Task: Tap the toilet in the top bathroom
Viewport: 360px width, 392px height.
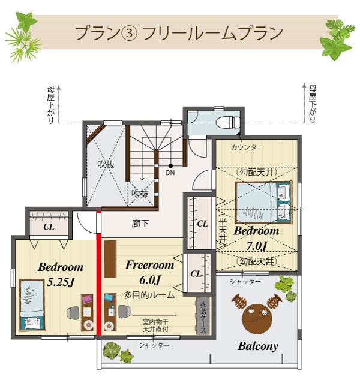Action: click(x=229, y=122)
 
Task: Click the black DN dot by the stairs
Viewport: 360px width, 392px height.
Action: click(x=170, y=165)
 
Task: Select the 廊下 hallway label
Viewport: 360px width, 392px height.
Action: click(x=140, y=224)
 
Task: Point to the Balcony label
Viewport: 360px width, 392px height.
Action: click(x=258, y=346)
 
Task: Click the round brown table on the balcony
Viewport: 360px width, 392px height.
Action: click(x=257, y=318)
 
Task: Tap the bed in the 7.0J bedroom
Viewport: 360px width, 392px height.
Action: click(x=263, y=202)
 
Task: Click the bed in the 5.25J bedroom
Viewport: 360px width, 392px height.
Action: click(x=32, y=304)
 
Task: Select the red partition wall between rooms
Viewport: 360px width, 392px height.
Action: click(x=98, y=273)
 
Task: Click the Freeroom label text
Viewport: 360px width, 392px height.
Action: click(x=149, y=265)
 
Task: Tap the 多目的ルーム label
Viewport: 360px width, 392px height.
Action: click(x=149, y=295)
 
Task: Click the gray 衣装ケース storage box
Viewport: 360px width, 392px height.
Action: click(x=203, y=316)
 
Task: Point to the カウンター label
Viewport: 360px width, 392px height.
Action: click(x=247, y=147)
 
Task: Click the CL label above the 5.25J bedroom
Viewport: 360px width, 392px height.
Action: click(x=49, y=227)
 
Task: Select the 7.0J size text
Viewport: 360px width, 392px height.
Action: click(x=256, y=246)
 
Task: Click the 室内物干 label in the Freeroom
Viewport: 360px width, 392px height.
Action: click(x=155, y=322)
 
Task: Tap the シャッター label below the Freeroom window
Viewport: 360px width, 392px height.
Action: click(x=154, y=345)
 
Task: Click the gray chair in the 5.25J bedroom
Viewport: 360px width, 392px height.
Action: click(x=73, y=313)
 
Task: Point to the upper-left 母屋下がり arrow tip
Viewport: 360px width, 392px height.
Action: click(x=59, y=86)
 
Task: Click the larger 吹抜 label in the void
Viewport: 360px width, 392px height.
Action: click(x=106, y=164)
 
